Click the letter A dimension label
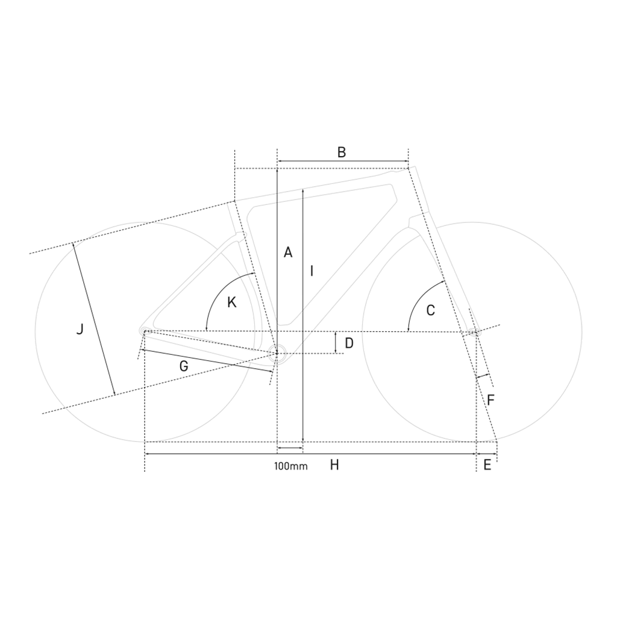point(288,252)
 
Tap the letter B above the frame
point(342,152)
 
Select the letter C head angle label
point(430,310)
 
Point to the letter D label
point(349,343)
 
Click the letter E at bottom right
point(487,465)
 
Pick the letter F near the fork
point(490,400)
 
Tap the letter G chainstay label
point(183,366)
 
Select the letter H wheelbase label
point(334,465)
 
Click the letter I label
point(312,271)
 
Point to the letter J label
point(80,329)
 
